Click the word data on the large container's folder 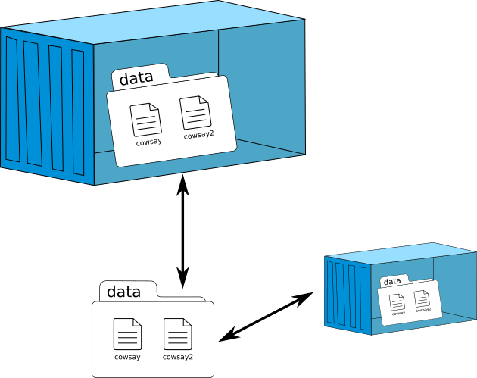(136, 77)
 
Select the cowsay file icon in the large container (145, 120)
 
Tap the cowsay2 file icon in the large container (195, 113)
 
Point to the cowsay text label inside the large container (148, 142)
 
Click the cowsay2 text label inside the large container (199, 136)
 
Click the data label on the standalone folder (123, 292)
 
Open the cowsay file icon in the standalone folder (127, 334)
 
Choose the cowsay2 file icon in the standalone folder (177, 334)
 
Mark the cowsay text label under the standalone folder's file (127, 357)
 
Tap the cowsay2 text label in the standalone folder (178, 357)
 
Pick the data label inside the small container (392, 282)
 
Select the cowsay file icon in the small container (397, 301)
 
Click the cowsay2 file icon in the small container (422, 298)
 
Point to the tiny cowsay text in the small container (398, 312)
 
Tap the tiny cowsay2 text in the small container (423, 309)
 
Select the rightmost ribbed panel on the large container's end (78, 113)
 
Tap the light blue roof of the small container (401, 253)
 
